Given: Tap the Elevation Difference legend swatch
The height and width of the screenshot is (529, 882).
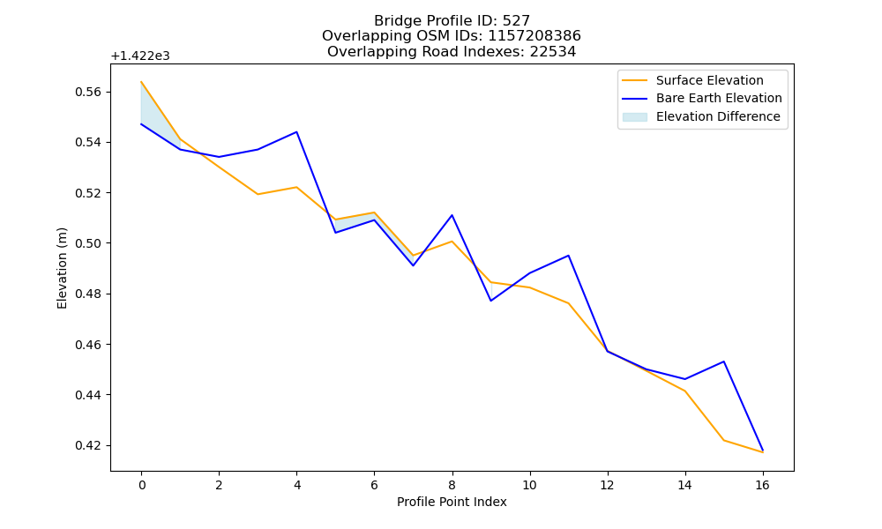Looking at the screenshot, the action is [634, 117].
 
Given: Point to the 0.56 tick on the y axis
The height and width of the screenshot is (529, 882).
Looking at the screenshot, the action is [89, 92].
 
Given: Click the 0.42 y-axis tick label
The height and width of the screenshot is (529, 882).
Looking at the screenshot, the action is [89, 446].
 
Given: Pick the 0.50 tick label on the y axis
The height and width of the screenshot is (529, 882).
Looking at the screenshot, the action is [89, 243].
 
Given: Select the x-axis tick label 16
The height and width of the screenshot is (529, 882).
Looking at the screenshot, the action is [762, 485].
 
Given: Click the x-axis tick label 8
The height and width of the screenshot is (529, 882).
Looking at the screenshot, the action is [452, 485].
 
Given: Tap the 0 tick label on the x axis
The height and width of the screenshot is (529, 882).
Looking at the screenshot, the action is [142, 485].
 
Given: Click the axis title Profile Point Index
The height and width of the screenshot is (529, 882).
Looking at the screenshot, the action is [452, 502].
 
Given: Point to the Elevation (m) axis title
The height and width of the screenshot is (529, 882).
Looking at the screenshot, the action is [62, 268].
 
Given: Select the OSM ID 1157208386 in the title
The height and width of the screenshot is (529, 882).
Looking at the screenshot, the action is [534, 36].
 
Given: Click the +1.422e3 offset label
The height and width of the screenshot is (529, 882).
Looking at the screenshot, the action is [140, 56].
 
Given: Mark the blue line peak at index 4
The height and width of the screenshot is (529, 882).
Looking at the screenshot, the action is [296, 132].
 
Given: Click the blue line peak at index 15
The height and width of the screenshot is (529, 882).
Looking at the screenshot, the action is [723, 361].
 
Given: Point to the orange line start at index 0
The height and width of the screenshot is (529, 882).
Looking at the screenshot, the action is [141, 81].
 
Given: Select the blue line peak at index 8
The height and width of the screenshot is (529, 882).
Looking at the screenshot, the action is [452, 215].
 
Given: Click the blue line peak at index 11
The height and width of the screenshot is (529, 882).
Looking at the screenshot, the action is [568, 255].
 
